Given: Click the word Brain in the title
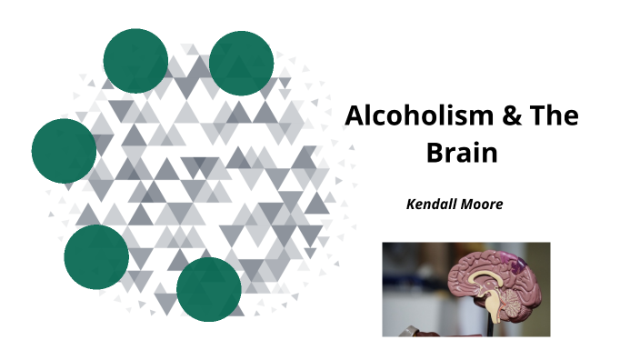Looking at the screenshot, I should tap(463, 152).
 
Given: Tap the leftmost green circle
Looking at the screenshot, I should tap(64, 150).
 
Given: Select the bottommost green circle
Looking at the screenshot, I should tap(209, 289).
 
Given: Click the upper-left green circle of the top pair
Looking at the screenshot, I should tap(135, 61).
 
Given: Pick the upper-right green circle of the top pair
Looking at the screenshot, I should tap(242, 63).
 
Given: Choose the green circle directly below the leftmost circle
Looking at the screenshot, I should tap(96, 257).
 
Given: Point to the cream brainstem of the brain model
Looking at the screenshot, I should tap(492, 307).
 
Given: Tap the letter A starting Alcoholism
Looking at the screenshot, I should tap(354, 117).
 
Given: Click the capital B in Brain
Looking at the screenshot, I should tap(435, 152).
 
